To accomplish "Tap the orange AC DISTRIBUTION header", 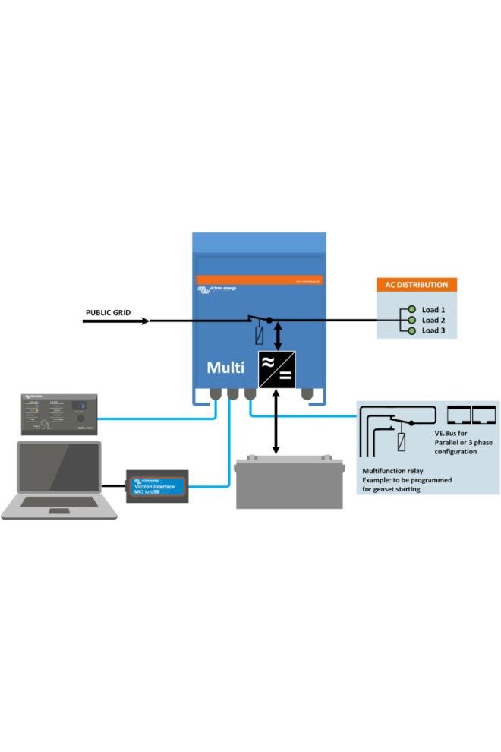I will (x=416, y=285).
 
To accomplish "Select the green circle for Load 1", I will (x=411, y=310).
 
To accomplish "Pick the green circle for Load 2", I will (x=411, y=321).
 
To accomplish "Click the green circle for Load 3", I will (x=411, y=331).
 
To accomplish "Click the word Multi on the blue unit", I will (x=225, y=368).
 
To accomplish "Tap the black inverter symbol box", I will (x=276, y=370).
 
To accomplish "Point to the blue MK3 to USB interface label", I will (x=157, y=486).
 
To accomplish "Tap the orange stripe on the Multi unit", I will (x=260, y=280).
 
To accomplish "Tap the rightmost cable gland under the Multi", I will (x=307, y=393).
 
